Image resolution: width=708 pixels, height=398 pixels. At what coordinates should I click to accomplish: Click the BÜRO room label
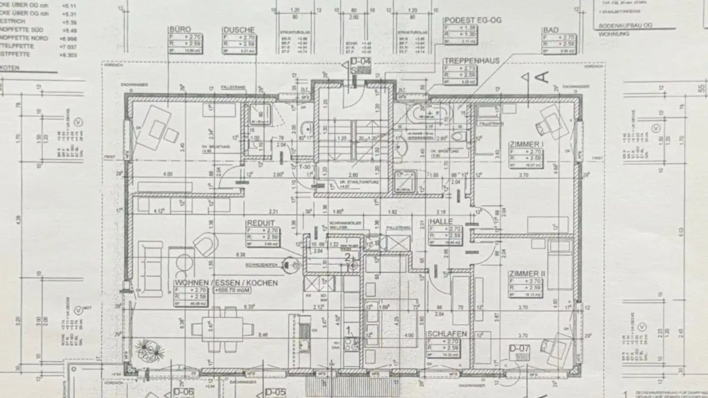click(179, 29)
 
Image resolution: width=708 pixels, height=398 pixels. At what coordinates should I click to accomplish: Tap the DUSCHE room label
click(238, 29)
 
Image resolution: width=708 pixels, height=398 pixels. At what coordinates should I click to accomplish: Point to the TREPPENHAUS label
click(471, 61)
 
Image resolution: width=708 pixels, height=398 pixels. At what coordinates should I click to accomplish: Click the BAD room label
click(551, 30)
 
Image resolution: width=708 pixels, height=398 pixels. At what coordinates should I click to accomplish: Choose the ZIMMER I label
click(527, 144)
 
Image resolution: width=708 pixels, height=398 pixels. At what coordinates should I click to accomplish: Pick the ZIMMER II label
click(528, 274)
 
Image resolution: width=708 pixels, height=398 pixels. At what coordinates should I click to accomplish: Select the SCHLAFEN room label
click(447, 334)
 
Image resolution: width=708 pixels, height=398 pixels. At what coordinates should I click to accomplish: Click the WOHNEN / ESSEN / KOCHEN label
click(226, 283)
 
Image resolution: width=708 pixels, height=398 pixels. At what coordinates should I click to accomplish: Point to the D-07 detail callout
click(519, 349)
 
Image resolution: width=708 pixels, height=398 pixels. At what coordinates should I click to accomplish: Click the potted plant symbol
click(149, 350)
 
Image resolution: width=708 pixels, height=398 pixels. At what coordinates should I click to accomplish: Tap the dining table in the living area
click(222, 327)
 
